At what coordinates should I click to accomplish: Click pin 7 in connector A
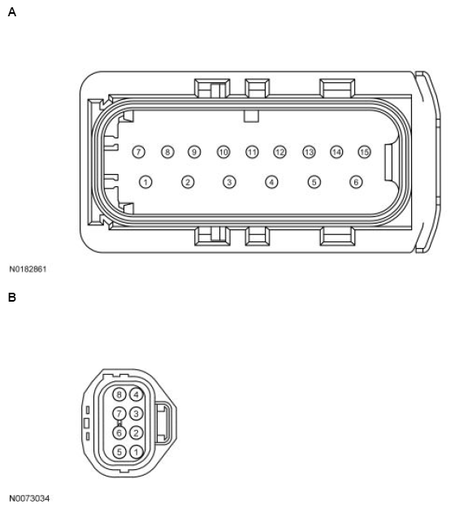coord(139,152)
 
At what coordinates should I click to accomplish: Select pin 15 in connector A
coord(365,152)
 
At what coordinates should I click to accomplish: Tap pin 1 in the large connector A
coord(145,182)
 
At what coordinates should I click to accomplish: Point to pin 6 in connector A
coord(355,182)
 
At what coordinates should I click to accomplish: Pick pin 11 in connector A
coord(252,152)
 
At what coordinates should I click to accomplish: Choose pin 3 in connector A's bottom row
coord(229,182)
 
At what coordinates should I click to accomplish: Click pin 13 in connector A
coord(309,152)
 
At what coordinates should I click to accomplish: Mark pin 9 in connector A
coord(194,152)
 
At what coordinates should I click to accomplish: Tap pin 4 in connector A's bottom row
coord(271,182)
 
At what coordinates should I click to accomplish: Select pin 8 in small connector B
coord(120,395)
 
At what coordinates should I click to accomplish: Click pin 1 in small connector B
coord(136,451)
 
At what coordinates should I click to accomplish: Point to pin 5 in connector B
coord(120,451)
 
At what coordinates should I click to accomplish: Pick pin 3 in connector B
coord(136,414)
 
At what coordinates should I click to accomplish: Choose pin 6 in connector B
coord(120,433)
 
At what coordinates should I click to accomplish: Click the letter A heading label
coord(11,12)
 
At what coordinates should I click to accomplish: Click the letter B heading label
coord(11,298)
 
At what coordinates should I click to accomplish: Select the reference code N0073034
coord(29,498)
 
